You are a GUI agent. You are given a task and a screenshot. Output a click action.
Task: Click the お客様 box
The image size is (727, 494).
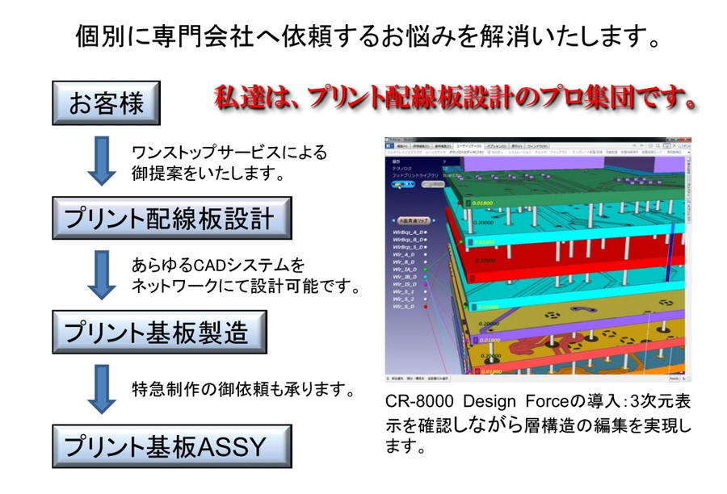[x=106, y=103]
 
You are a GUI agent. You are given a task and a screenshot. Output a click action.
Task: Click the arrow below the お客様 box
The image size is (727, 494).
[x=102, y=159]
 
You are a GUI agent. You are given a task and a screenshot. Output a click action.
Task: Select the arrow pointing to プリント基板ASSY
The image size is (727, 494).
[x=102, y=388]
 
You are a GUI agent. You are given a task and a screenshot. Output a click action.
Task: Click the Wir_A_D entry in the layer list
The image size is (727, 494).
[x=403, y=253]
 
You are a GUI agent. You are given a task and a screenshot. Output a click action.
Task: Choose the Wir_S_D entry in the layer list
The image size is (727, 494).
[x=403, y=307]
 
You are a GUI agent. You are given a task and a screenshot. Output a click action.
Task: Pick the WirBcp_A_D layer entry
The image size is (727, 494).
[x=408, y=231]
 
